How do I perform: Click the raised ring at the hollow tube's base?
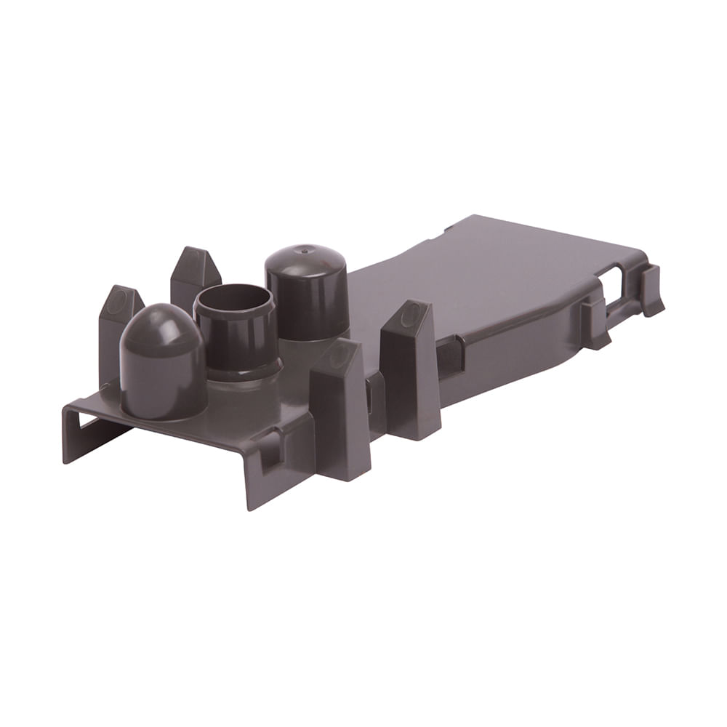coord(244,370)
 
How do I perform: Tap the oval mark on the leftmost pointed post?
coord(116,303)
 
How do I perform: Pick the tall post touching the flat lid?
coord(411,371)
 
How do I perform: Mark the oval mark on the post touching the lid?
coord(411,316)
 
